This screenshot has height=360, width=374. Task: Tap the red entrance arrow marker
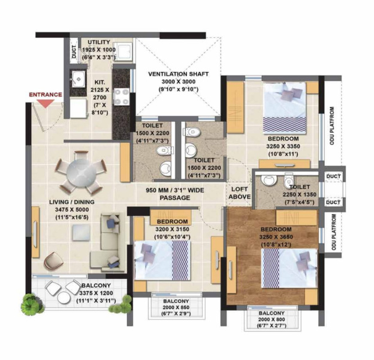pos(46,103)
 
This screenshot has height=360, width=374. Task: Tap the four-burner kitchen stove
pos(122,97)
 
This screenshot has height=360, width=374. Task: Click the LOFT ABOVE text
pos(240,193)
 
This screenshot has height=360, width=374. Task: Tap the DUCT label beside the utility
pos(73,52)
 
